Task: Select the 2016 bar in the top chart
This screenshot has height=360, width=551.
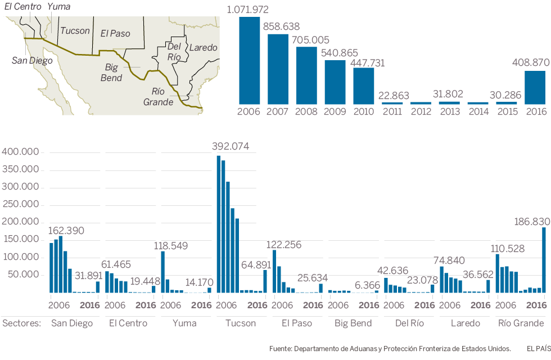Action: click(x=535, y=87)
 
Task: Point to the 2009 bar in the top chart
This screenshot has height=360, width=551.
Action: click(x=335, y=82)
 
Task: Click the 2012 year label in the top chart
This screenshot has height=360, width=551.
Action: click(x=421, y=111)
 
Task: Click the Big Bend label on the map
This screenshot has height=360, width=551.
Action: click(x=112, y=72)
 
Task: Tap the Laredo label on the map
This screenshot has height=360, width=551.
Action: click(x=203, y=47)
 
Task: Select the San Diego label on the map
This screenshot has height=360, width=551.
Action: click(x=32, y=60)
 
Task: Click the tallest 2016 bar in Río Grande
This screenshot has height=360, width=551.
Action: click(x=544, y=259)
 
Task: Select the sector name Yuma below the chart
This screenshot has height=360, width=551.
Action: click(x=184, y=323)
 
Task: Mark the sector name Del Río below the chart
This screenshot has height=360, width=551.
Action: click(x=409, y=323)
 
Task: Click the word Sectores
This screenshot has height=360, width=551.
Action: click(x=22, y=323)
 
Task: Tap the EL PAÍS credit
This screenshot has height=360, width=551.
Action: click(x=538, y=349)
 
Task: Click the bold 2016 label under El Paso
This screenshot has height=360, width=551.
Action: click(x=313, y=305)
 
